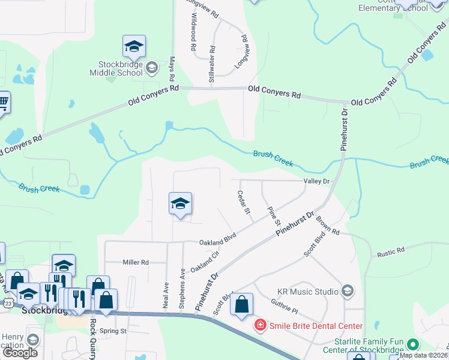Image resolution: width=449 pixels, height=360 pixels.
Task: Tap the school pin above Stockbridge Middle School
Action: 134,47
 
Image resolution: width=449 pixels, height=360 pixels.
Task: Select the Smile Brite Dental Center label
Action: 316,326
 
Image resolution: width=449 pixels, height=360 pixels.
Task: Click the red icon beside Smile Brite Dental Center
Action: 261,326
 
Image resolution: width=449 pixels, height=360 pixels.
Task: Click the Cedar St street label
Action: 244,204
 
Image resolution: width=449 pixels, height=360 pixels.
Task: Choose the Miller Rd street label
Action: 135,262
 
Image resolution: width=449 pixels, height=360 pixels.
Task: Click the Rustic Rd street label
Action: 391,251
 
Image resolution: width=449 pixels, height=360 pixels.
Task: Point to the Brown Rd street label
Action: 328,225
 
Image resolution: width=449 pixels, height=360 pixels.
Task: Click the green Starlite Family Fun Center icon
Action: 412,345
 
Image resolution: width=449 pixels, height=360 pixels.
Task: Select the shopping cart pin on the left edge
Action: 3,103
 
